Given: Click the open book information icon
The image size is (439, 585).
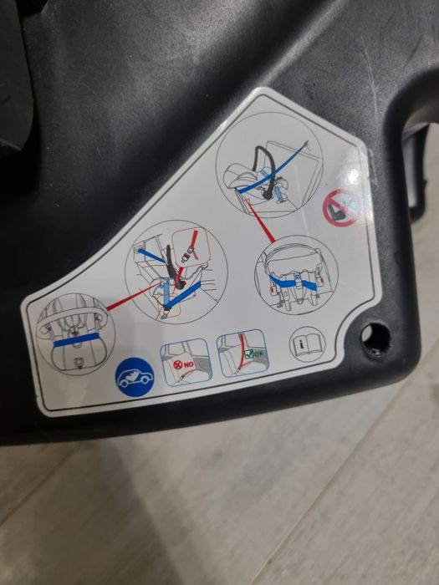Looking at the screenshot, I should pyautogui.click(x=302, y=344).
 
